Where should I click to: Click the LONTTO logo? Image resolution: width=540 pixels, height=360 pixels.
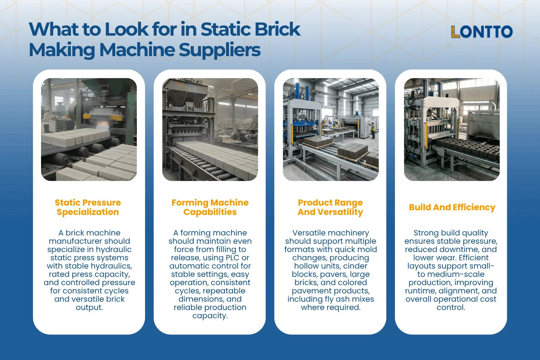coord(481,32)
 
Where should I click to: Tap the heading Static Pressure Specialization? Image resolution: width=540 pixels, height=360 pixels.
coord(88,207)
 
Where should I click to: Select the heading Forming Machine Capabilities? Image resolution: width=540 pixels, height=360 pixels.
coord(210,207)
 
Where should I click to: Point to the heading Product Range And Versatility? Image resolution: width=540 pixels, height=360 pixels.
coord(330,207)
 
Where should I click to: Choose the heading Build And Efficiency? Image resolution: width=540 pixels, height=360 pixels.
coord(452,207)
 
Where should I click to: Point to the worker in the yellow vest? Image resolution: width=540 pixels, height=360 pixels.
coord(373,130)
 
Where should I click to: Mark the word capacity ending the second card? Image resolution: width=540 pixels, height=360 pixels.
coord(210,316)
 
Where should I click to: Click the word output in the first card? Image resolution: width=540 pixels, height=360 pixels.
coord(89,308)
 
